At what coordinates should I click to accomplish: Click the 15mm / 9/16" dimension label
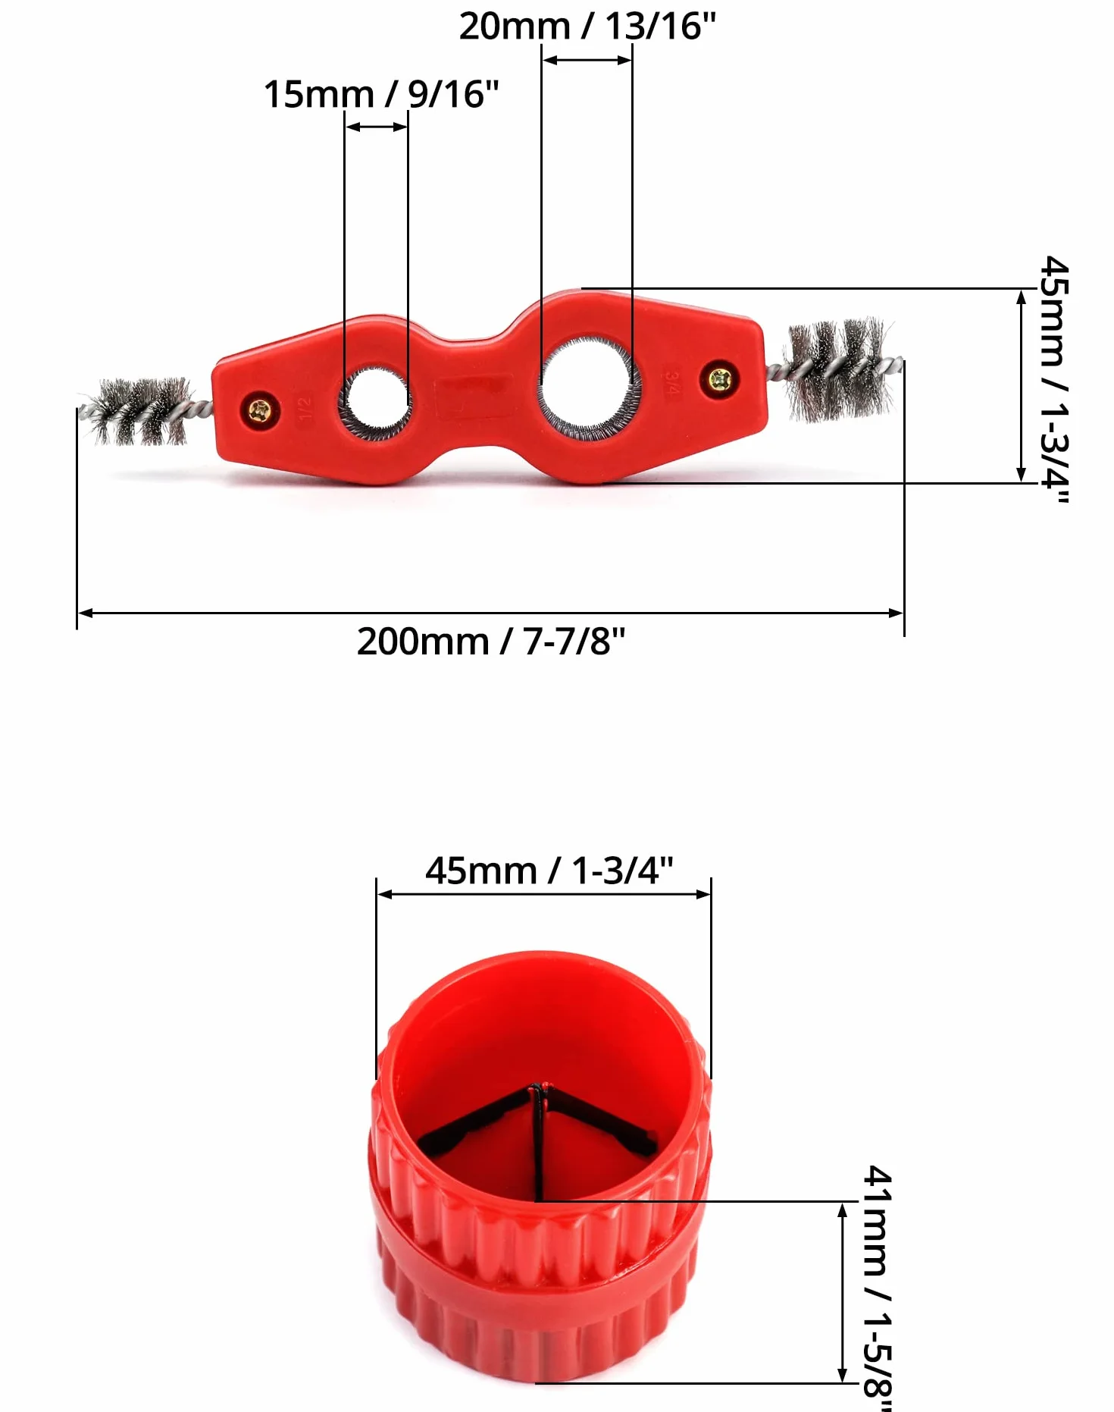pyautogui.click(x=381, y=95)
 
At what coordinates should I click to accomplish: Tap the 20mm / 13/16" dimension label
pyautogui.click(x=587, y=26)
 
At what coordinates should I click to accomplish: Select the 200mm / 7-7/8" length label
pyautogui.click(x=491, y=642)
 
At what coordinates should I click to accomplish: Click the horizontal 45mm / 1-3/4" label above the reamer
pyautogui.click(x=549, y=871)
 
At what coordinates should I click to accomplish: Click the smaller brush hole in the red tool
pyautogui.click(x=376, y=402)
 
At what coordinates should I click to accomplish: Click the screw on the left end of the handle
pyautogui.click(x=259, y=411)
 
